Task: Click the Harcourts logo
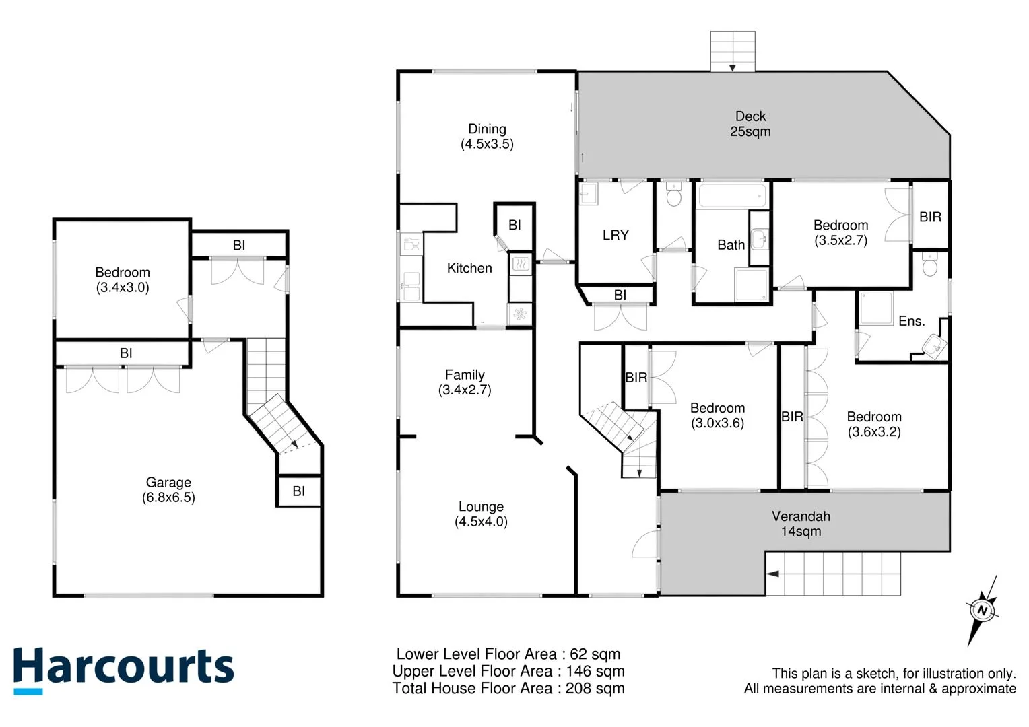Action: [x=123, y=669]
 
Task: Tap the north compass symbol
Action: [x=982, y=611]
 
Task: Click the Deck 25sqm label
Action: [x=750, y=125]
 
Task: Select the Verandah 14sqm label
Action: [x=801, y=524]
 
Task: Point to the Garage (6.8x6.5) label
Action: [x=168, y=490]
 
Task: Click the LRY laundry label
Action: [x=616, y=235]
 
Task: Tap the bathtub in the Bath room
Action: [x=733, y=197]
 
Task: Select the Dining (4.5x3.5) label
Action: [x=487, y=136]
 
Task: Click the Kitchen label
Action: [x=469, y=268]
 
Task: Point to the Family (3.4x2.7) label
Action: [x=465, y=382]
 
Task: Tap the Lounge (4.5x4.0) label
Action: [x=481, y=514]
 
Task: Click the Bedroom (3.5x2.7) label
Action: [x=840, y=233]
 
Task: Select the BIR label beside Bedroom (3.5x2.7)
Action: [x=930, y=217]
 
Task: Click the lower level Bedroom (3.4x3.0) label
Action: [x=123, y=280]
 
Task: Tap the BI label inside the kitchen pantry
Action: [x=514, y=226]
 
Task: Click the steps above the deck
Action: [x=733, y=51]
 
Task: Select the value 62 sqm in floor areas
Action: [x=595, y=654]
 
